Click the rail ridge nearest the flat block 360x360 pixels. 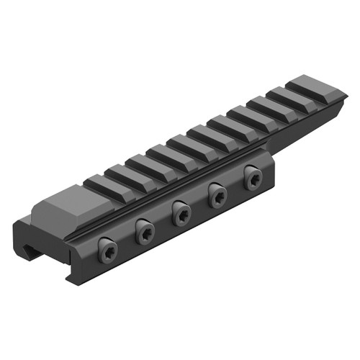point(97,184)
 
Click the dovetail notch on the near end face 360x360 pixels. point(31,252)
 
